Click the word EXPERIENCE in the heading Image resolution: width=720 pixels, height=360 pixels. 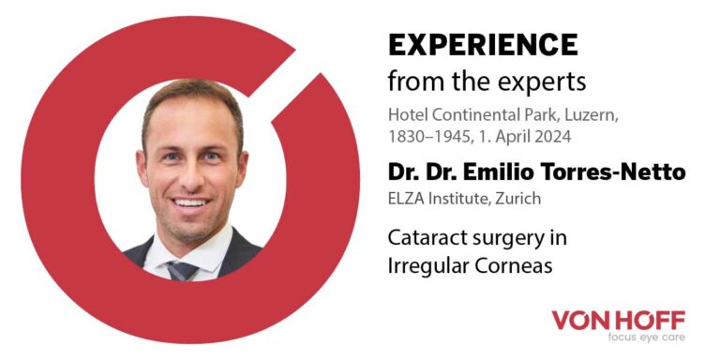[483, 44]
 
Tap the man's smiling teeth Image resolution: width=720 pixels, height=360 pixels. [191, 202]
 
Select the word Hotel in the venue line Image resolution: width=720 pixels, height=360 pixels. [406, 115]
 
